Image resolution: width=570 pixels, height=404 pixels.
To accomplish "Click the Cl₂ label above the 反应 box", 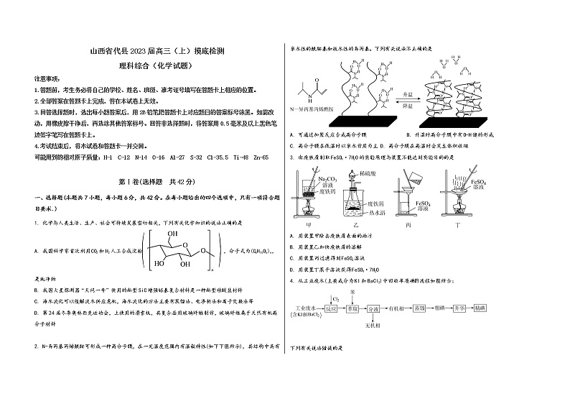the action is click(x=334, y=297).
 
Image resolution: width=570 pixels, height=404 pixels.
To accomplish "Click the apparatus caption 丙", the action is click(x=407, y=224).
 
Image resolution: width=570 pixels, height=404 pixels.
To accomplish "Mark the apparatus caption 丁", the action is click(x=457, y=224).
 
